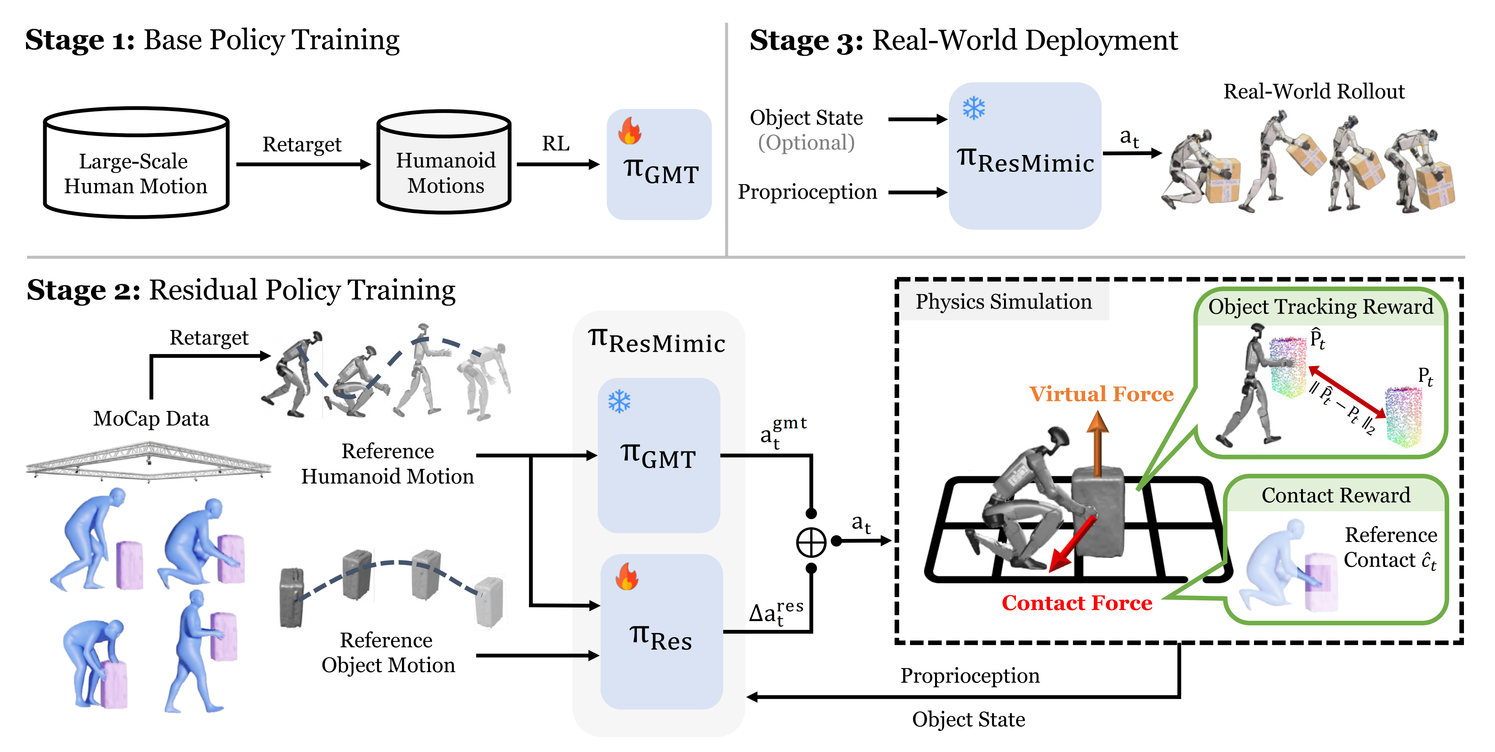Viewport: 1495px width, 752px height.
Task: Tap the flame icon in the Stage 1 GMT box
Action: [x=630, y=131]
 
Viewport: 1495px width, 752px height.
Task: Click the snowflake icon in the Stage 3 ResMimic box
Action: [x=974, y=108]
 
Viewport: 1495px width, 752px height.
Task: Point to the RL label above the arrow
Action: [x=555, y=143]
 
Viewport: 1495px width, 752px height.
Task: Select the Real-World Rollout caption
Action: [x=1314, y=92]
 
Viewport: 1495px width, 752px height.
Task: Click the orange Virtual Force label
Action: [x=1101, y=394]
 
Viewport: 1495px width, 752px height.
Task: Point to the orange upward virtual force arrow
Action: [x=1097, y=444]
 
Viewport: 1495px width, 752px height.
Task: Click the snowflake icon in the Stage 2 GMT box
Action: [x=619, y=401]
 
